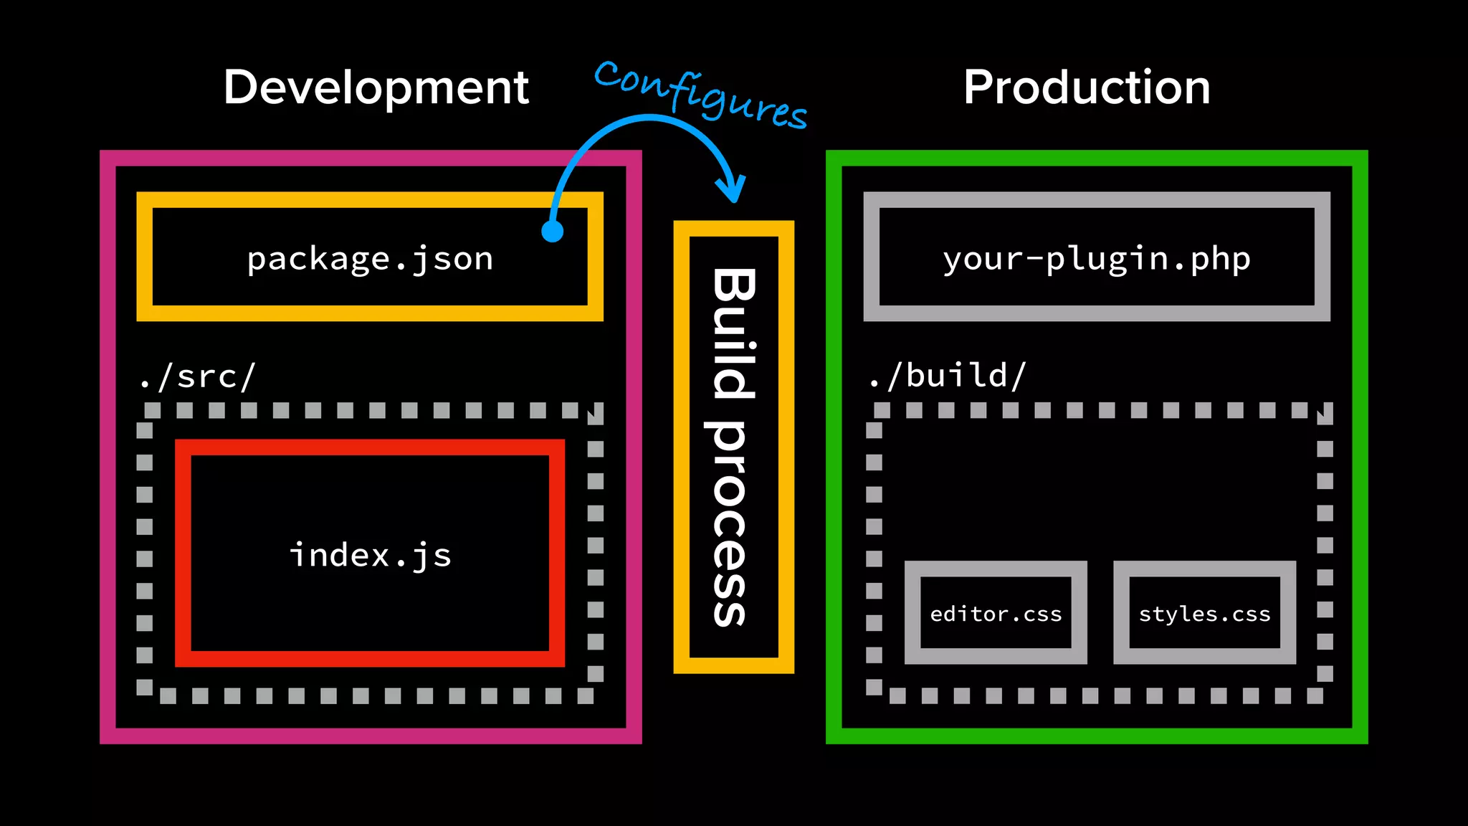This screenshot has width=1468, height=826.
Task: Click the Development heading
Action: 376,88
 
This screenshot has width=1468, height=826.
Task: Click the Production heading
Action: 1087,88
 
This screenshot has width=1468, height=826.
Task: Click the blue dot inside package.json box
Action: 552,231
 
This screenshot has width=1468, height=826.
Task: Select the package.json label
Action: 370,259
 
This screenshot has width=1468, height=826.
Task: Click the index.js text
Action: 370,556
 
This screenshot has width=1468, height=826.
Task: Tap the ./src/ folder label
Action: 197,376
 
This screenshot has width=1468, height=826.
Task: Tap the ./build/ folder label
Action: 947,376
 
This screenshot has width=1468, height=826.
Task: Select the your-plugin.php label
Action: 1096,259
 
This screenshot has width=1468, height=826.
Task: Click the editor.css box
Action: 996,613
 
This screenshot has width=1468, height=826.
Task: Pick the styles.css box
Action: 1204,613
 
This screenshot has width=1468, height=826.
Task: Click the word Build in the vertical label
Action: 733,333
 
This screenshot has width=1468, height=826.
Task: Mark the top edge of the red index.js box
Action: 370,447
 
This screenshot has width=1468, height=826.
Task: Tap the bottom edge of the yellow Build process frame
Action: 733,665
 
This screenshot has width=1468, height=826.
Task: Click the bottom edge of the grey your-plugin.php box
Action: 1096,313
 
